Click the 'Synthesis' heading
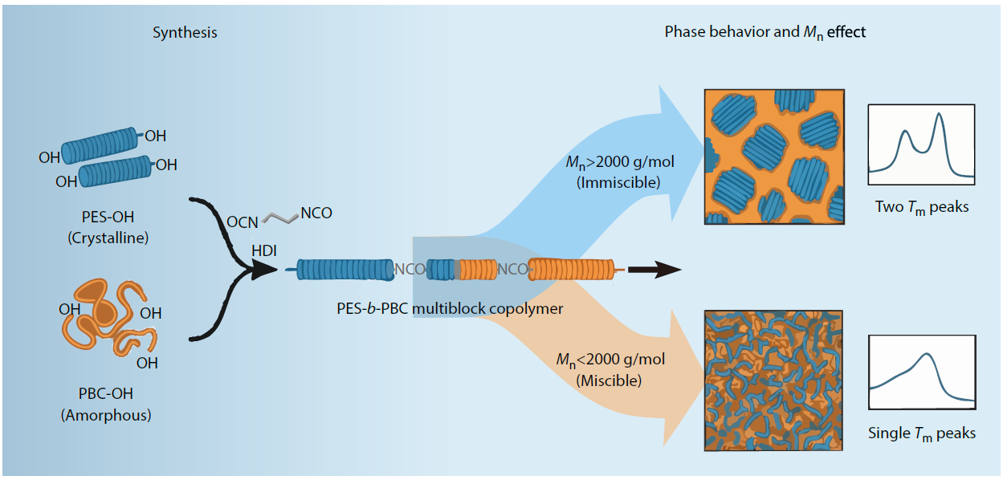point(185,33)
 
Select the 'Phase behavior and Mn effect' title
point(764,33)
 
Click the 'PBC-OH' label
point(107,394)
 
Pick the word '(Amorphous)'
point(107,415)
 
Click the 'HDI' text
point(263,251)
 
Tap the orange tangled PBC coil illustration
point(104,319)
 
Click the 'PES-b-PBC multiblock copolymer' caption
point(450,309)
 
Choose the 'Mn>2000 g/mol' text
point(619,163)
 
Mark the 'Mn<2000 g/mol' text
point(610,360)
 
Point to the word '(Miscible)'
point(610,380)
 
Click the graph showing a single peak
point(921,370)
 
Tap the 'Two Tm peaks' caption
point(922,207)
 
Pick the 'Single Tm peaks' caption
point(922,433)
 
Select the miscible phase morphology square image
point(773,380)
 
